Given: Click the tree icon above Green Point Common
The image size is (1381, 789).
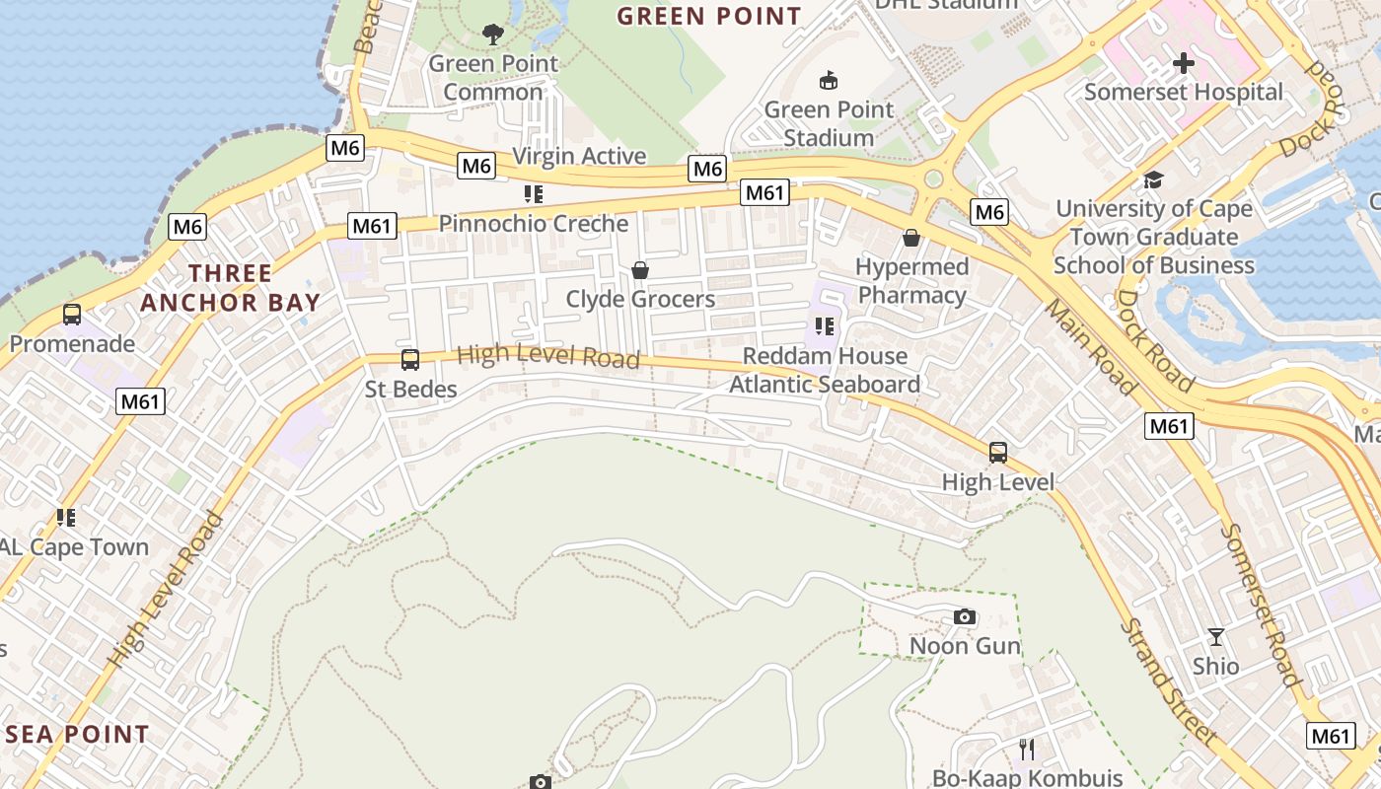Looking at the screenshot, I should (x=493, y=36).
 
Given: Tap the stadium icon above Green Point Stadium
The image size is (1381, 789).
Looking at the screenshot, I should (x=829, y=81).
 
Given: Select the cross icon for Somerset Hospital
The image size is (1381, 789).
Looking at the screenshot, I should (x=1183, y=64).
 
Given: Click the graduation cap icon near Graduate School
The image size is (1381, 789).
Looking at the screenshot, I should (x=1153, y=179).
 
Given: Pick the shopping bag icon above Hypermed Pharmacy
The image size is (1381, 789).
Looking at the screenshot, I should (x=911, y=238).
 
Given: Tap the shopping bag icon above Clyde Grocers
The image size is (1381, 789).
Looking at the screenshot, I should (x=640, y=270).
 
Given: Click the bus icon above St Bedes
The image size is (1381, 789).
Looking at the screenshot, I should (x=410, y=360).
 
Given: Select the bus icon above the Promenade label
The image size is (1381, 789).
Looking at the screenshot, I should (x=72, y=315).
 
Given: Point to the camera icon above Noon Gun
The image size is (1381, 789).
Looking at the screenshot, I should (x=965, y=617).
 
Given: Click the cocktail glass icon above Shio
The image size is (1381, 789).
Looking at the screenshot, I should (x=1216, y=637).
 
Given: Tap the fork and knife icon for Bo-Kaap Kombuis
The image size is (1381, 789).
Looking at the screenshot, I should (x=1028, y=749).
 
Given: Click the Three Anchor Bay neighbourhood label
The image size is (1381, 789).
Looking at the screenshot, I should (x=231, y=287).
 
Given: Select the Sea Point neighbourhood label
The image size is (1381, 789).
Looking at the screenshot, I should (x=77, y=735).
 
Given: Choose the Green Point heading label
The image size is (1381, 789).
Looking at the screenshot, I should (x=709, y=17).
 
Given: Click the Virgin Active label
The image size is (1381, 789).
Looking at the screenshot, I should (x=580, y=156).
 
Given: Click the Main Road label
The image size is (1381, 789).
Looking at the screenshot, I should (x=1091, y=347).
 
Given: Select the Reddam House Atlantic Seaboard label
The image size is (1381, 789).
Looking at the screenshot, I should (x=825, y=370).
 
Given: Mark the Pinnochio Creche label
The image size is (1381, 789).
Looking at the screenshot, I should (x=534, y=224).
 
